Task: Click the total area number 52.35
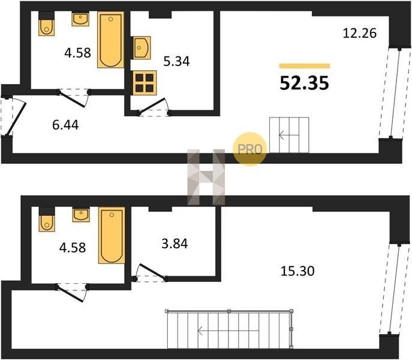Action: point(304,83)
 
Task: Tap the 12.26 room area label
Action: point(360,34)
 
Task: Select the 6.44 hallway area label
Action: point(65,125)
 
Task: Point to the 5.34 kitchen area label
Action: point(176,61)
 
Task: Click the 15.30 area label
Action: point(297,271)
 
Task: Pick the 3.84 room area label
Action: point(175,244)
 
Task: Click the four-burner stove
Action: point(145,83)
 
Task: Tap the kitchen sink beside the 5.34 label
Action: point(142,47)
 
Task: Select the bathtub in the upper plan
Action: point(110,40)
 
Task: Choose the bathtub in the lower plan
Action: point(112,235)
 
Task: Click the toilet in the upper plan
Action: point(47,23)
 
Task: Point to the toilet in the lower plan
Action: point(47,220)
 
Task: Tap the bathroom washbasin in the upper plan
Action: point(80,19)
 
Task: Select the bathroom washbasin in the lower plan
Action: point(81,215)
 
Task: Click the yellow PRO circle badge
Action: point(250,149)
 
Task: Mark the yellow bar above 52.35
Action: point(305,66)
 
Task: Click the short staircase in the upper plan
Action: point(289,135)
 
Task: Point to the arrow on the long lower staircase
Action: point(228,331)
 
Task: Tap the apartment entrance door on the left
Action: point(16,117)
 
